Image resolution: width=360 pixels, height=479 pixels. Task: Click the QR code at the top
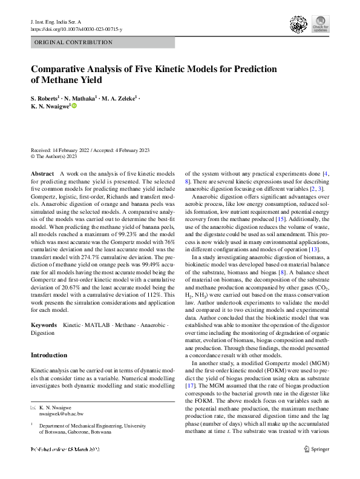click(x=296, y=24)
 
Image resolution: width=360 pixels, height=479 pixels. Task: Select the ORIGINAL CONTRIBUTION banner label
click(x=74, y=42)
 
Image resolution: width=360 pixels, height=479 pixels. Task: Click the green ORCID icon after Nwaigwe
click(x=75, y=106)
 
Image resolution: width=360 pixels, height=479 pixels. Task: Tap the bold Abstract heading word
click(x=42, y=174)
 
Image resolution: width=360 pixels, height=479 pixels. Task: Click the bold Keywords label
click(x=44, y=326)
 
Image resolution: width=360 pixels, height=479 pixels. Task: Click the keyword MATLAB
click(x=97, y=326)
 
